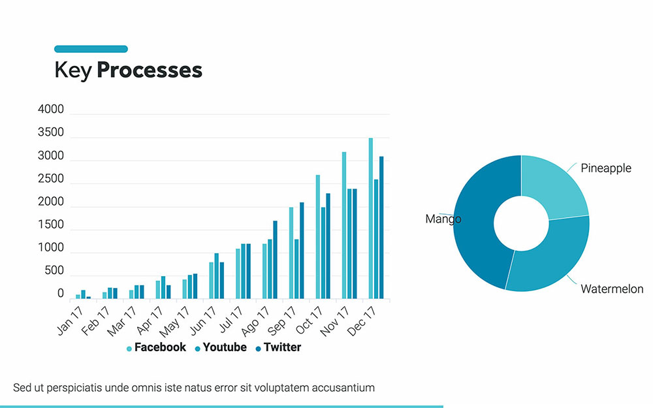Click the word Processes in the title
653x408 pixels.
150,70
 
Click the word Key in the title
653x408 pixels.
73,70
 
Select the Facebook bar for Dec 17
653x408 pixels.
371,218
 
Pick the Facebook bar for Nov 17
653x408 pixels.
344,225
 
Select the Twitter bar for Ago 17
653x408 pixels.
275,260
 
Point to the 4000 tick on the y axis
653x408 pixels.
51,110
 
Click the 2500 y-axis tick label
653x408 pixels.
51,179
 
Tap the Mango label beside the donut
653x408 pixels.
443,219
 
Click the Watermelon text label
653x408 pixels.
612,289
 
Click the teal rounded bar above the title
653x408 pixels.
91,49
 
